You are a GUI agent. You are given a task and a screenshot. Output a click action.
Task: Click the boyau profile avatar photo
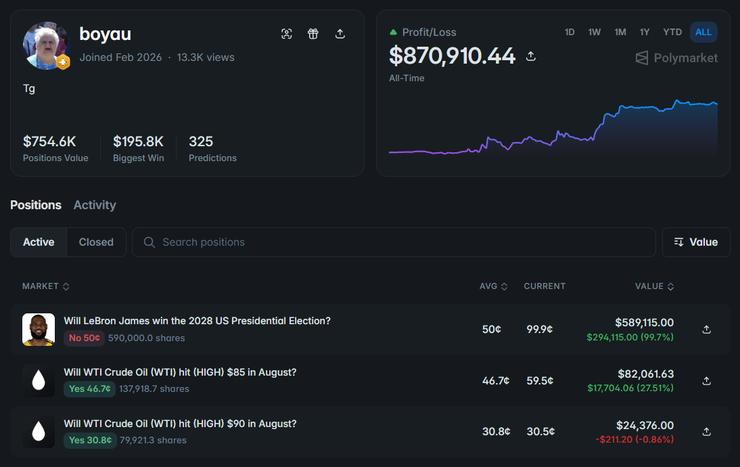click(46, 45)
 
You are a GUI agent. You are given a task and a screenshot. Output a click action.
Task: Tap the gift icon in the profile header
click(313, 34)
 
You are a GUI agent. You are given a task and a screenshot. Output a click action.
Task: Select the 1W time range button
click(594, 32)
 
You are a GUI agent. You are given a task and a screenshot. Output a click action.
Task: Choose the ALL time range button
click(703, 32)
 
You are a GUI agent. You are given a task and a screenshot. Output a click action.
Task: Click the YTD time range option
click(672, 32)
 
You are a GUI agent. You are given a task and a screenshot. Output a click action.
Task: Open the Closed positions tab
click(96, 242)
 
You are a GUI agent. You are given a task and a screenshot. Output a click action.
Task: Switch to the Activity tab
click(95, 205)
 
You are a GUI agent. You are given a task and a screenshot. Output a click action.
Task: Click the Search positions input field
click(394, 242)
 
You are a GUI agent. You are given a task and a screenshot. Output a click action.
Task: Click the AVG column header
click(493, 286)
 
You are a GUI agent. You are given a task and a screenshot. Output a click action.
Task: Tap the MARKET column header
click(46, 286)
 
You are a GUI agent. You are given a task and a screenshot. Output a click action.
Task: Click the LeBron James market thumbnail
click(39, 330)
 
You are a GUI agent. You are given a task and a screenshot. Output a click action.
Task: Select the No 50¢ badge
click(84, 338)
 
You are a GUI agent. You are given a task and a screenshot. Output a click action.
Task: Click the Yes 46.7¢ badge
click(90, 389)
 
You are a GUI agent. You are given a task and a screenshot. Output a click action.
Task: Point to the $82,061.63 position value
click(645, 374)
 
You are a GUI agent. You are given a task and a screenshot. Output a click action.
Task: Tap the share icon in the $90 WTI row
click(706, 432)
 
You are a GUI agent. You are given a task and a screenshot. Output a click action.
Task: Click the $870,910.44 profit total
click(452, 55)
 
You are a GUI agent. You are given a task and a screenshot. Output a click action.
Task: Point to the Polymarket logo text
click(685, 58)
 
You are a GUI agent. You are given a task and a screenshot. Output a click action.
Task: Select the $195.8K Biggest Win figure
click(138, 141)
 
